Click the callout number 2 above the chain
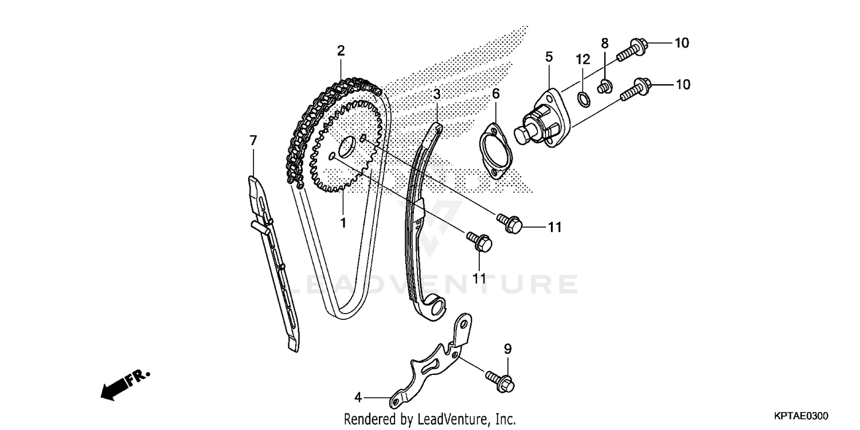[341, 50]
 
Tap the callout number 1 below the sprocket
[343, 222]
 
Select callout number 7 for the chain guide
[253, 140]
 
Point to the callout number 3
[436, 93]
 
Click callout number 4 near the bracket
[358, 397]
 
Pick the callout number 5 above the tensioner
[549, 56]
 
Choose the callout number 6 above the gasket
[496, 93]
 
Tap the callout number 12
[583, 59]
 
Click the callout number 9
[507, 349]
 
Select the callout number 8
[604, 43]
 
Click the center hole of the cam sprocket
[346, 148]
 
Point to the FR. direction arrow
[123, 383]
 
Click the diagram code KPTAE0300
[802, 415]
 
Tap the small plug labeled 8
[603, 87]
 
